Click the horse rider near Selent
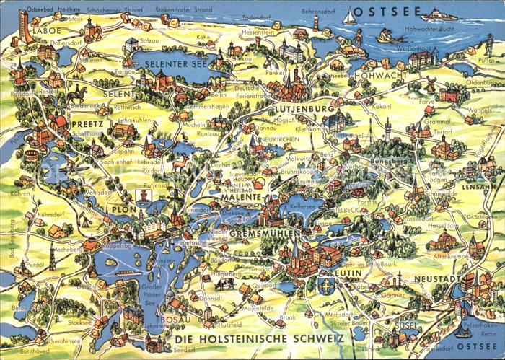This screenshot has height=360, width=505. (77, 93)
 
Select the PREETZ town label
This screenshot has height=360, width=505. (88, 123)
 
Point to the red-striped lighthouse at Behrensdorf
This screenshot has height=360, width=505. (315, 23)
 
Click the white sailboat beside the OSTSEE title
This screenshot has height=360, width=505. (350, 17)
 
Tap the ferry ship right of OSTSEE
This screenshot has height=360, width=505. (438, 14)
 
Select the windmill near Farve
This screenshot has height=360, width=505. (431, 84)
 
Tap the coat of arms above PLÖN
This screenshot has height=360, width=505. (145, 196)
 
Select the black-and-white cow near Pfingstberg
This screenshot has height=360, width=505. (227, 284)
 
